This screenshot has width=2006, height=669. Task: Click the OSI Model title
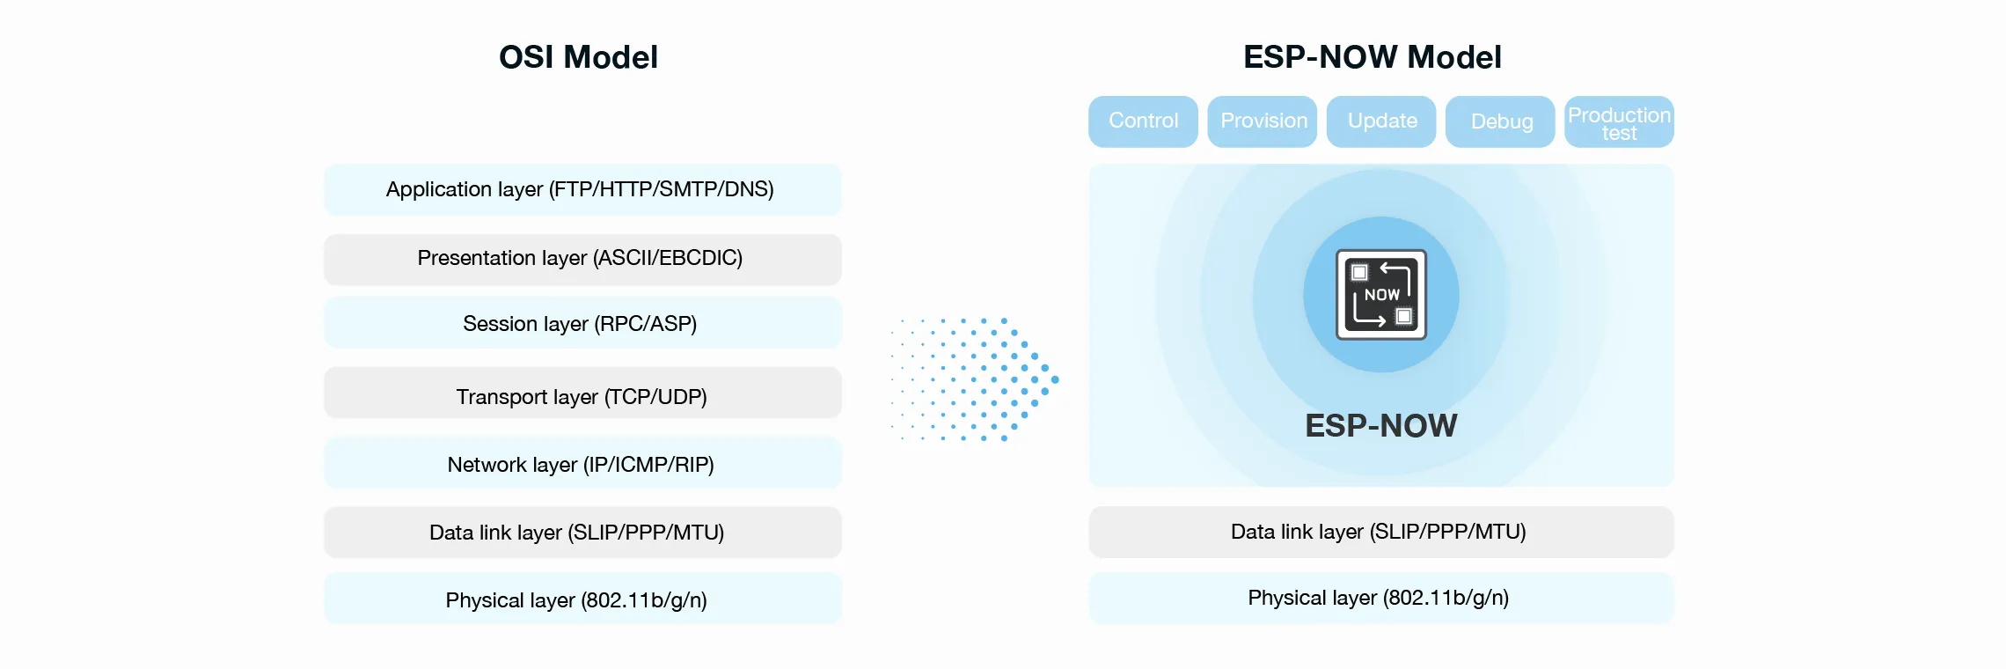point(578,57)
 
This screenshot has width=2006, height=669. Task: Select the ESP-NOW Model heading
point(1372,57)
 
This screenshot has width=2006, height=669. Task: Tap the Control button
point(1143,121)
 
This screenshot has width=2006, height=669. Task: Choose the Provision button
point(1263,121)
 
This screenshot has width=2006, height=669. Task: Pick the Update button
point(1381,121)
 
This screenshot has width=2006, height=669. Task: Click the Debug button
point(1501,121)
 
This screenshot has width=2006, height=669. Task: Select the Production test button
point(1619,122)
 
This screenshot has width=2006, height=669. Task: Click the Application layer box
point(582,189)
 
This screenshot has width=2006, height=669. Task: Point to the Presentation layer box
point(582,259)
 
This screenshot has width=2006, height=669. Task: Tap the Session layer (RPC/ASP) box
point(582,324)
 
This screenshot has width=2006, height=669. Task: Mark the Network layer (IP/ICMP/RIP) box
point(582,464)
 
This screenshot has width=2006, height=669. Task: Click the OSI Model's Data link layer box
point(582,533)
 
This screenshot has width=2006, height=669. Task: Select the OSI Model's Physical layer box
point(582,599)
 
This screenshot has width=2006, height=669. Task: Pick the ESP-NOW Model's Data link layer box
point(1380,532)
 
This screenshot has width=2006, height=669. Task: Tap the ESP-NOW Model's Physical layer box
point(1380,598)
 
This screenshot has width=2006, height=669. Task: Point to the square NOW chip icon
point(1381,294)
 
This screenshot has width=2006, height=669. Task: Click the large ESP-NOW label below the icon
point(1380,426)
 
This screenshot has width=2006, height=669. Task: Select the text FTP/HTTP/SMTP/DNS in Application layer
point(662,189)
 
